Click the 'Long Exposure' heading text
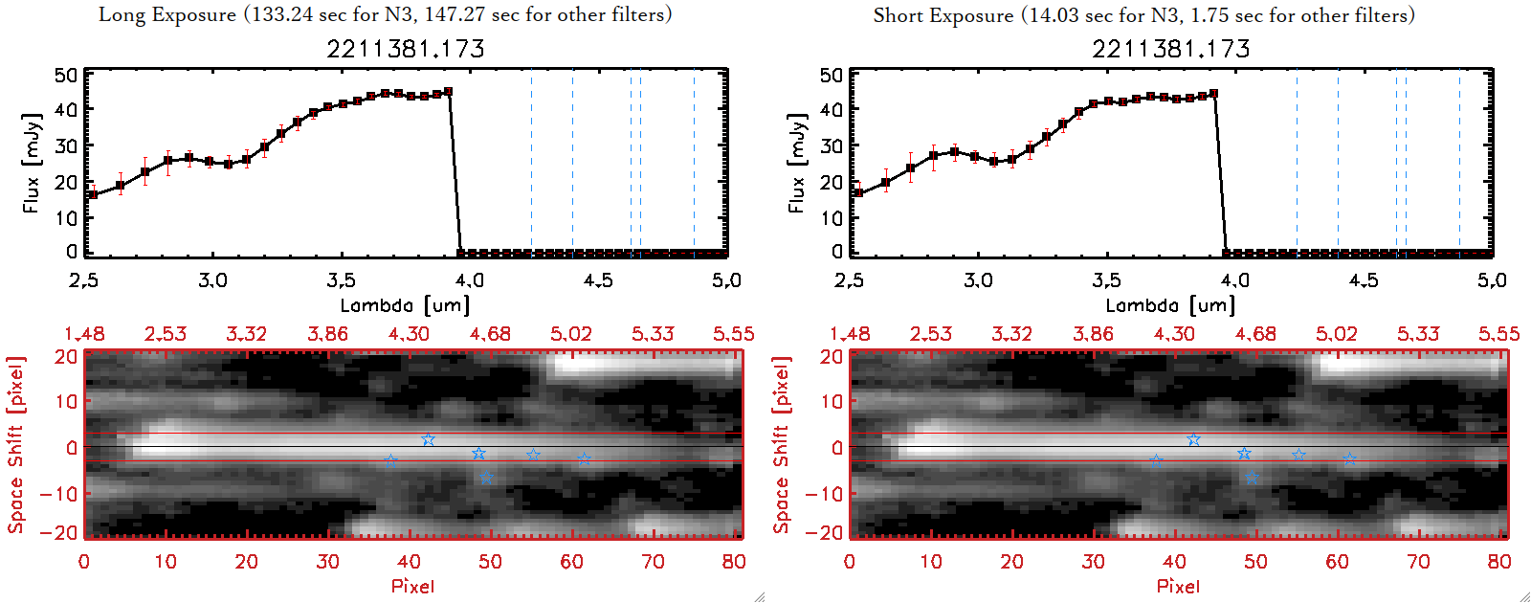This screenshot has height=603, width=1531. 167,14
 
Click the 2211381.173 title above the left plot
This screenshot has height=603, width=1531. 406,49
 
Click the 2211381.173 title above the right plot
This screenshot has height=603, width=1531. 1171,49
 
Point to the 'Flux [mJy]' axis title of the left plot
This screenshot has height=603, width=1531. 33,163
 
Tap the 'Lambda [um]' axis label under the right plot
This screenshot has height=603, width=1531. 1170,305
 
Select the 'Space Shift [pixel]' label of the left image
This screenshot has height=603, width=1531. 16,445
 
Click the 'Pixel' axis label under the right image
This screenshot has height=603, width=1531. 1178,586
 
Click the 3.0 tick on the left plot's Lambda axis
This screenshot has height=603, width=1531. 212,280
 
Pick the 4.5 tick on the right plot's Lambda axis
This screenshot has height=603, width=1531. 1364,280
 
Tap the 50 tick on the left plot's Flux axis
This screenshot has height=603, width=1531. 66,76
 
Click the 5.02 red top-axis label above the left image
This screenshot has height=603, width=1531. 571,334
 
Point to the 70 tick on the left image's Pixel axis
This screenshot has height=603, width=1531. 653,562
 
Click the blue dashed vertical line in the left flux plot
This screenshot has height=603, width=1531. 572,163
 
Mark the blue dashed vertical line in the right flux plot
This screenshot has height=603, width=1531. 1338,163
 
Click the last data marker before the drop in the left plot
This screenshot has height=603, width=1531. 448,92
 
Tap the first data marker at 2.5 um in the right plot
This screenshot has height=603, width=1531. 858,193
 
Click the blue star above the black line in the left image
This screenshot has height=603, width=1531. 428,439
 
